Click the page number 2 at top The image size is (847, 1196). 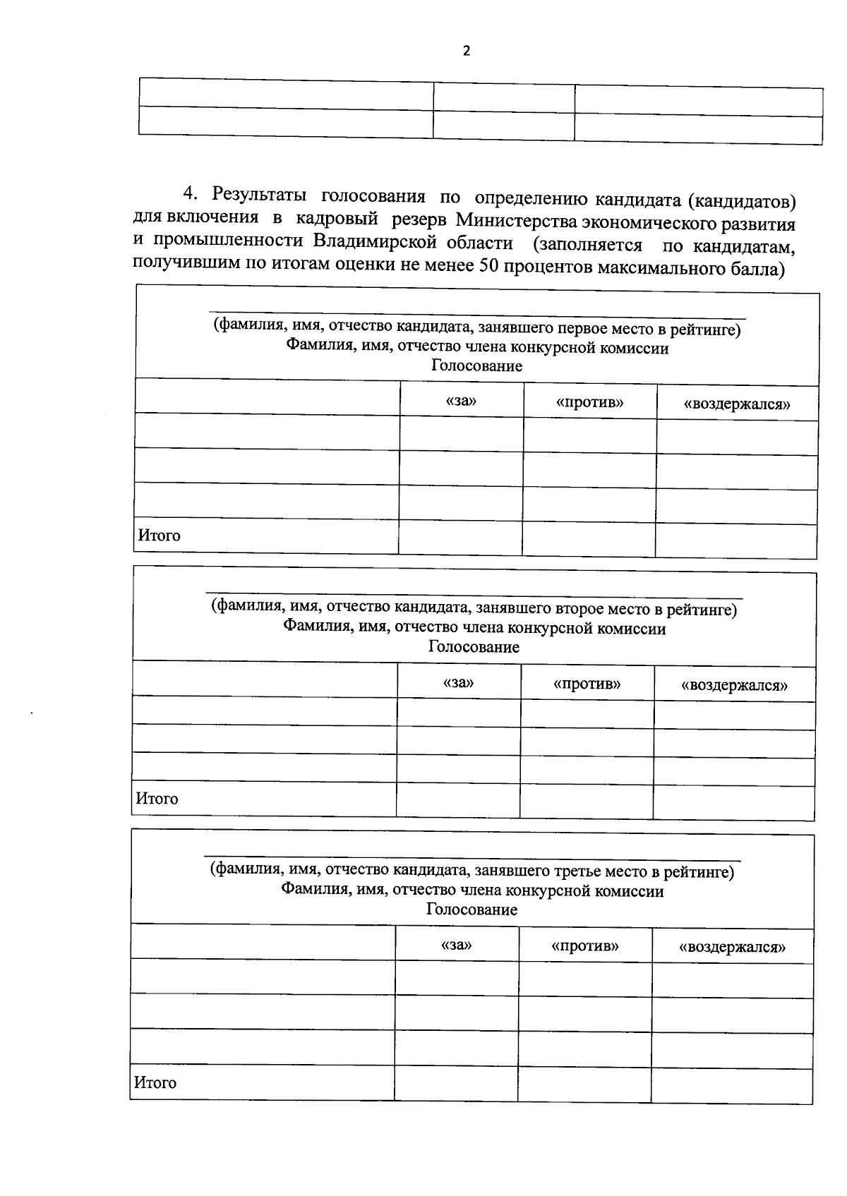(x=465, y=51)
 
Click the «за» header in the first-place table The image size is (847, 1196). (x=462, y=401)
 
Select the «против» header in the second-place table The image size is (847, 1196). (x=587, y=684)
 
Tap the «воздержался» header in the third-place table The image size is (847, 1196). (x=733, y=948)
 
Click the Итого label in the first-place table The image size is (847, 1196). (x=160, y=536)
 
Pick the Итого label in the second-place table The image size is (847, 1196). (x=157, y=799)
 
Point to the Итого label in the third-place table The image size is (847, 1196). (x=155, y=1082)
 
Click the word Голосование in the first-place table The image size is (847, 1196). (x=477, y=366)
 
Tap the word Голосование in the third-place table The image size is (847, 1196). (x=471, y=910)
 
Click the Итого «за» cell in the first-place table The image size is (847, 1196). (x=460, y=538)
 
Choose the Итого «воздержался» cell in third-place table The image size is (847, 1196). (x=732, y=1085)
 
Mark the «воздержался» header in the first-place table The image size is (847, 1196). (x=738, y=404)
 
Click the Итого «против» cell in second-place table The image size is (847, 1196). (x=586, y=801)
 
